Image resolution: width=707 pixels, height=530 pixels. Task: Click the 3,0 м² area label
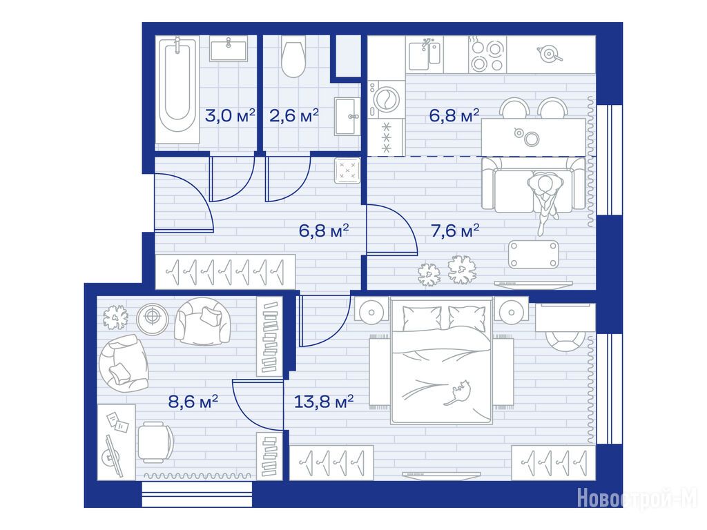[x=230, y=115]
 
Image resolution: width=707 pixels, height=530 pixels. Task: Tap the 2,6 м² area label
[x=294, y=115]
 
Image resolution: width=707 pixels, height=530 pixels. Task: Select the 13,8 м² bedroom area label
[x=323, y=401]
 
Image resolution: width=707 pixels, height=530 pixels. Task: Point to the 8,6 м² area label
[x=193, y=401]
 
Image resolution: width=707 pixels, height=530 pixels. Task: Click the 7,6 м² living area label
[x=455, y=230]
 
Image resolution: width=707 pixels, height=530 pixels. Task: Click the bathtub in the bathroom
[x=177, y=90]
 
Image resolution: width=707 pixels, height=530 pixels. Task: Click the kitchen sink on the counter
[x=425, y=54]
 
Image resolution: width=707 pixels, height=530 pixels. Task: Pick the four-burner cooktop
[x=487, y=54]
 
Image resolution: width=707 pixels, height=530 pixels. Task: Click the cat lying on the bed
[x=458, y=392]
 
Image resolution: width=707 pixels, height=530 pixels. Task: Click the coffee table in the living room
[x=534, y=255]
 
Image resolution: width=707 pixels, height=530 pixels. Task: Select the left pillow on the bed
[x=422, y=318]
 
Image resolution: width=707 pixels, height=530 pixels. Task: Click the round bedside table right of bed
[x=511, y=311]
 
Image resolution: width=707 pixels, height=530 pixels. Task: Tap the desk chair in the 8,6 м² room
[x=155, y=442]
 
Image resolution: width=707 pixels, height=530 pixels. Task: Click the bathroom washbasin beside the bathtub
[x=228, y=50]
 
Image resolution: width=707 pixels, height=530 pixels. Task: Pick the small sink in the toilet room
[x=347, y=116]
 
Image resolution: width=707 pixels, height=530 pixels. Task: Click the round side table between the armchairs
[x=153, y=317]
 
